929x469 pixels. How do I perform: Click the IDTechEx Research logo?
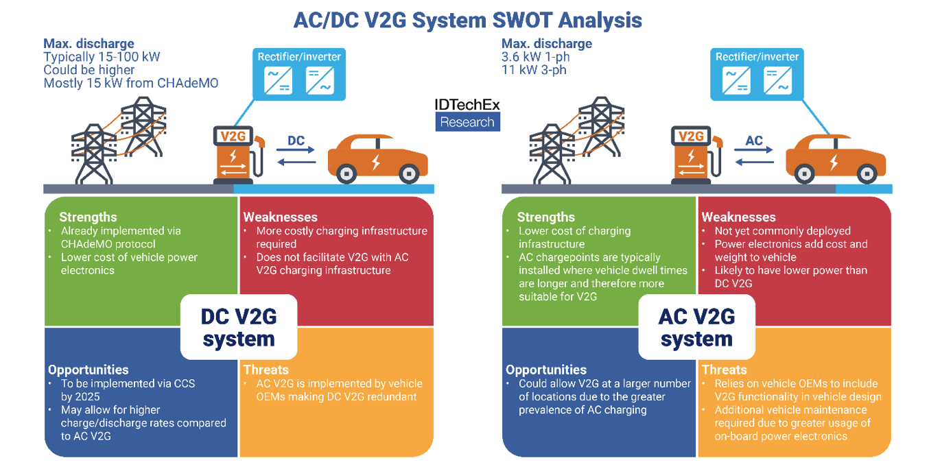point(467,115)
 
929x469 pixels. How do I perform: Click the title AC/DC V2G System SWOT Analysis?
point(467,20)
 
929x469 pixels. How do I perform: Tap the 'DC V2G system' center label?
point(239,327)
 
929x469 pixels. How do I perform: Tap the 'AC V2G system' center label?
point(697,327)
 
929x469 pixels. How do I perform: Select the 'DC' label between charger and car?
point(296,141)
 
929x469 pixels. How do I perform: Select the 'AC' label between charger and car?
point(754,141)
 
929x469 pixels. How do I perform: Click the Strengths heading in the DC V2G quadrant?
point(88,217)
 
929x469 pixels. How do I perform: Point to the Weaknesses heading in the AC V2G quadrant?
point(739,217)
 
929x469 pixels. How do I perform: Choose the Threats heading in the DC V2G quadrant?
point(266,370)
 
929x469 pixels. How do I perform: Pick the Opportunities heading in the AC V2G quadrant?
point(546,370)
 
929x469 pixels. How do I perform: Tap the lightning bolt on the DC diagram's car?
point(376,162)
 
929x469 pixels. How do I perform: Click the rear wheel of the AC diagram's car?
point(804,173)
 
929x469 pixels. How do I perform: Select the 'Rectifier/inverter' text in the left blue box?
point(299,57)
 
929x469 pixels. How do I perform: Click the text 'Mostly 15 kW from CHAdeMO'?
point(131,83)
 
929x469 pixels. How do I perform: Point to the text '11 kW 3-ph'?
point(534,70)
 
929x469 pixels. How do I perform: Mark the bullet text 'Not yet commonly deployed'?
point(783,231)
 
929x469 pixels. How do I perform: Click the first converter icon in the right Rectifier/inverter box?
point(736,81)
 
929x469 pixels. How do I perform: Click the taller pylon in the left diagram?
point(143,126)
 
